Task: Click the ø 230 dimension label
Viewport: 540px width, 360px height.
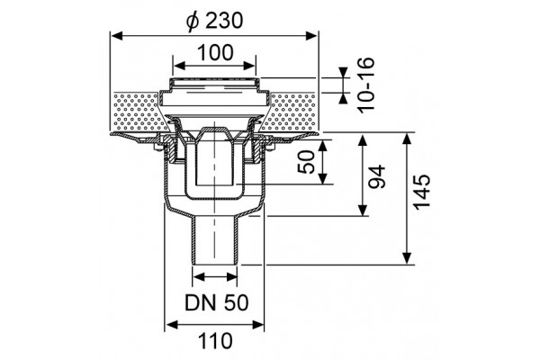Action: [214, 21]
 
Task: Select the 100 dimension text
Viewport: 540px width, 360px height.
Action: [215, 53]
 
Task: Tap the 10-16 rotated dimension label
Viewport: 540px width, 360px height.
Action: [365, 85]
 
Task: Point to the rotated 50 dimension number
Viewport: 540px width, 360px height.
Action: [306, 162]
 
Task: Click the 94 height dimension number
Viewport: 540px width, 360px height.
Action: [376, 176]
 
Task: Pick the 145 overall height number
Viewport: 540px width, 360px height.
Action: [422, 193]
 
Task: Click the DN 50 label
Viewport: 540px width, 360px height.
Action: [217, 302]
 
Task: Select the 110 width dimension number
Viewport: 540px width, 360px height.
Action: [216, 341]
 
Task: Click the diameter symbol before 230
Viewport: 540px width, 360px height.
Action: [193, 22]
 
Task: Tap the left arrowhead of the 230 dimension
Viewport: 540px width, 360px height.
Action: [116, 35]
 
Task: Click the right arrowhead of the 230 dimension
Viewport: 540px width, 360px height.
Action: [312, 35]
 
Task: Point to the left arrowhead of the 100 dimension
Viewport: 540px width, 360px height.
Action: [178, 66]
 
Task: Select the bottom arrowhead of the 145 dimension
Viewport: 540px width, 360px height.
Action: [407, 258]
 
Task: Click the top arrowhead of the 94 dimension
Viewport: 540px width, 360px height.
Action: [363, 141]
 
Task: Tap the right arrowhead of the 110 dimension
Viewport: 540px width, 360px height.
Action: [258, 325]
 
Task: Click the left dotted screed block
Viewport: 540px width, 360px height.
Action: [138, 112]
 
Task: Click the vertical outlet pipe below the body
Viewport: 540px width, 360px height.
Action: [214, 240]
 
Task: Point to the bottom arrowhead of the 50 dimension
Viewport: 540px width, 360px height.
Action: [323, 178]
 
